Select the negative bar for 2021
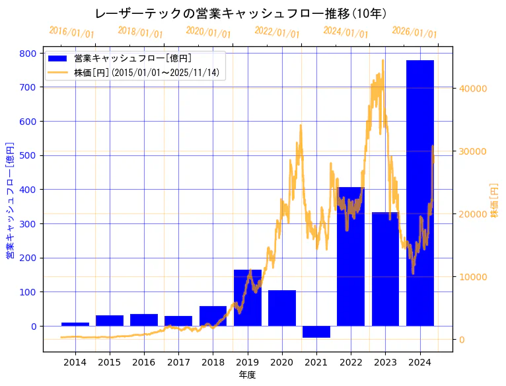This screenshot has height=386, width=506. (316, 332)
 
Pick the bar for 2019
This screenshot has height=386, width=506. (248, 297)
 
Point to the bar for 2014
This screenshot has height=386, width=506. (75, 324)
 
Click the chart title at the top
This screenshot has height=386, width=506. (240, 14)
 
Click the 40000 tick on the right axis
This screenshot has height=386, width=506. (472, 89)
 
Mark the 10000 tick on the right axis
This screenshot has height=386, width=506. (472, 277)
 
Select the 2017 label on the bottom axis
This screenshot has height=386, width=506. (178, 362)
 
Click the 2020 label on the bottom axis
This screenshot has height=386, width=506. (281, 362)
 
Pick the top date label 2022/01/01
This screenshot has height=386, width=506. (277, 32)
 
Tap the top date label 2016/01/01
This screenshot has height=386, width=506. (72, 32)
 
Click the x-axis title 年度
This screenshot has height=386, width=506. (247, 375)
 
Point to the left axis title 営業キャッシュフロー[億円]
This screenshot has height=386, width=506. (10, 200)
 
